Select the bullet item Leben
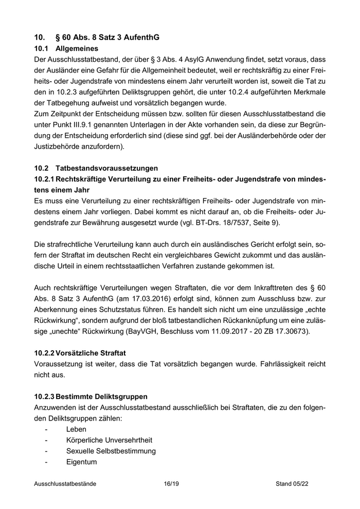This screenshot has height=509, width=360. [x=76, y=429]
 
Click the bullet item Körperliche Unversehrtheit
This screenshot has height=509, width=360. [x=109, y=440]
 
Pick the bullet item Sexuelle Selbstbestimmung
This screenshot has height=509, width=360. [x=111, y=451]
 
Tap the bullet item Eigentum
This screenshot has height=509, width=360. [x=81, y=462]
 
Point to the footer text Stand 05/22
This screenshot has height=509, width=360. [x=292, y=484]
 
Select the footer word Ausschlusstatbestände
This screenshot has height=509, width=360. [x=65, y=484]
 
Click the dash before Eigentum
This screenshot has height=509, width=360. [x=47, y=462]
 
